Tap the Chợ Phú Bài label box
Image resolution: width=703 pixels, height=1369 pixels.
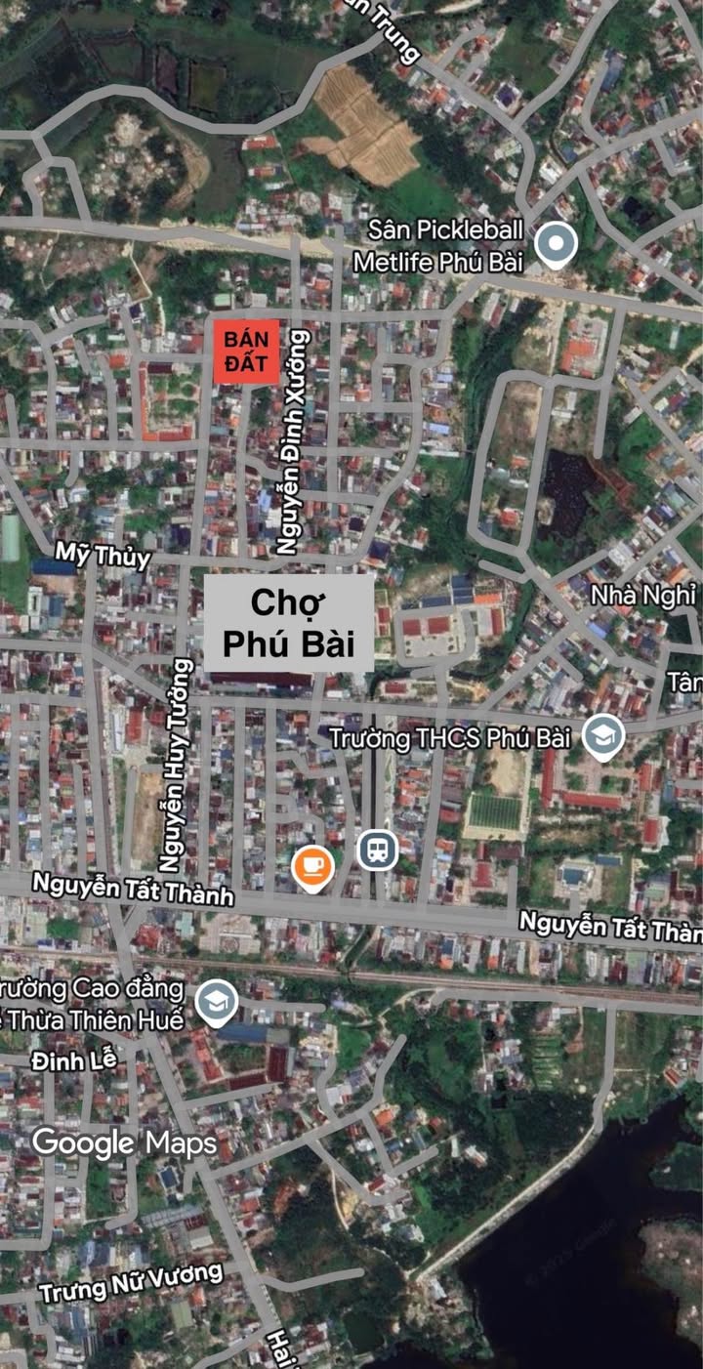click(288, 623)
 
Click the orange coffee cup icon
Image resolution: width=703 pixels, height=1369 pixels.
click(312, 866)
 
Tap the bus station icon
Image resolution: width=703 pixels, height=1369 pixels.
click(377, 850)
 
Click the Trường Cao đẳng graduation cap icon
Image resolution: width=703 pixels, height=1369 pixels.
click(216, 1002)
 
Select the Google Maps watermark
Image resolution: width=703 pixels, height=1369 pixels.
click(124, 1142)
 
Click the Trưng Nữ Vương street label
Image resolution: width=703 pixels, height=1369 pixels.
click(131, 1283)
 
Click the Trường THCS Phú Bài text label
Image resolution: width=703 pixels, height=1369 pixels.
click(449, 737)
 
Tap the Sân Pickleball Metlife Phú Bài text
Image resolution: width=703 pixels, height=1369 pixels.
click(444, 245)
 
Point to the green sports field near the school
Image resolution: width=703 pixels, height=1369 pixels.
click(496, 811)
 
